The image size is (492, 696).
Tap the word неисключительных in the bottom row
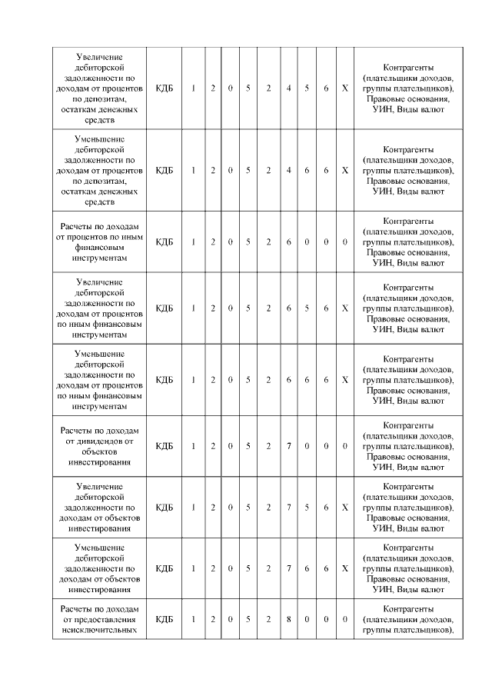pyautogui.click(x=100, y=630)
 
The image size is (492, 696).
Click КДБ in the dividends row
pyautogui.click(x=165, y=446)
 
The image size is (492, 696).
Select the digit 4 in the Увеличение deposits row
pyautogui.click(x=288, y=88)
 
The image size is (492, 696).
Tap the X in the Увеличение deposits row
pyautogui.click(x=344, y=88)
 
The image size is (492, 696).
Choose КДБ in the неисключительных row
pyautogui.click(x=165, y=619)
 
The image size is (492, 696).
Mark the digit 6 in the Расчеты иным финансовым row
pyautogui.click(x=288, y=241)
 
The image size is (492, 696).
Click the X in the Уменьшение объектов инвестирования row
pyautogui.click(x=344, y=568)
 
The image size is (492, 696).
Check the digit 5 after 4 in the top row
pyautogui.click(x=307, y=88)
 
